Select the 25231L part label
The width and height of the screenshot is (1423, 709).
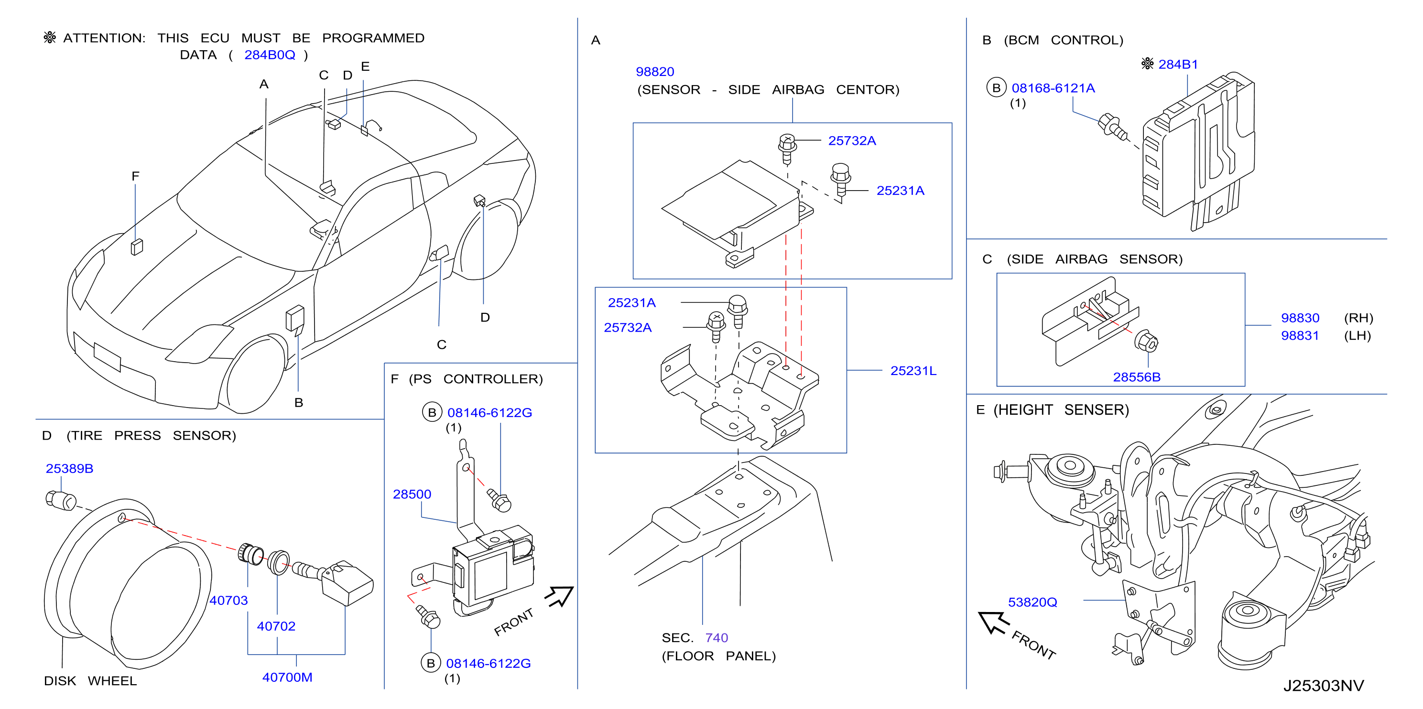tap(913, 371)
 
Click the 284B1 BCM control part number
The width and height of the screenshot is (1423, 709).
tap(1178, 64)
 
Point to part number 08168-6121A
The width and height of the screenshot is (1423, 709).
tap(1053, 88)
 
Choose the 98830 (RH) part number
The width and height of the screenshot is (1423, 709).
tap(1300, 318)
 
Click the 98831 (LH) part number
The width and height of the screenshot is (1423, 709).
tap(1300, 336)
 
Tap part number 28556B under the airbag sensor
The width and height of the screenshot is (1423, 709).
tap(1136, 377)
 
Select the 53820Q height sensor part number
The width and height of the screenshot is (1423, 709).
tap(1032, 602)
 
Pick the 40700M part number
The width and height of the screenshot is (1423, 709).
tap(287, 677)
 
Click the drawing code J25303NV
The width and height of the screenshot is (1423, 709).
tap(1323, 686)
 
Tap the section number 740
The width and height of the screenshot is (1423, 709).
tap(717, 638)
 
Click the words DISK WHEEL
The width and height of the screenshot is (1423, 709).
tap(90, 681)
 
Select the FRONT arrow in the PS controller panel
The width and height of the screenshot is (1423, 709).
tap(560, 596)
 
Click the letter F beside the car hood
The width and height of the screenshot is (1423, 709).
tap(135, 176)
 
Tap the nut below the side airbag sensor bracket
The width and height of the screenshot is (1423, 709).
tap(1147, 341)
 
